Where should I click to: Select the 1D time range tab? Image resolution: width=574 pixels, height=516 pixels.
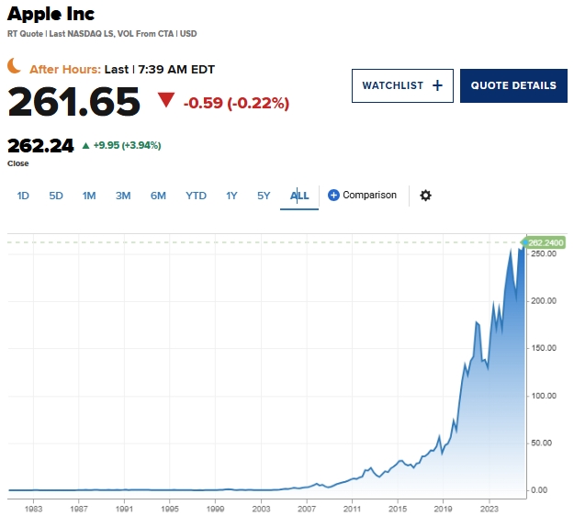coord(24,196)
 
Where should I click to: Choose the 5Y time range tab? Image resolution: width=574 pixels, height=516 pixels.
coord(264,196)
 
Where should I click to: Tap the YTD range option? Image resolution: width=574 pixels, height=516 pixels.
coord(196,196)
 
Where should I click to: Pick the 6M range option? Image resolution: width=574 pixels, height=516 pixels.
coord(158,196)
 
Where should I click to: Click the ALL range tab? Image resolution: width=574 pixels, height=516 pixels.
coord(299,196)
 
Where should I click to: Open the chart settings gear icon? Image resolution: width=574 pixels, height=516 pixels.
coord(425,196)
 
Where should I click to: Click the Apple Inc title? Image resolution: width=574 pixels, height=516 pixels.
coord(51,15)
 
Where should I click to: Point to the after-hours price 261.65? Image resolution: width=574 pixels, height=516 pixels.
coord(73,101)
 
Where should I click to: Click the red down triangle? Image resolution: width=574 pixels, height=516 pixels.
coord(166,100)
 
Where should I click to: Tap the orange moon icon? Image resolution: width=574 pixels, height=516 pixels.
coord(15,65)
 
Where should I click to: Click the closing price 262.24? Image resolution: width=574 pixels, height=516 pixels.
coord(40,145)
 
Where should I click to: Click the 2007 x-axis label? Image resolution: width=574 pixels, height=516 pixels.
coord(306,507)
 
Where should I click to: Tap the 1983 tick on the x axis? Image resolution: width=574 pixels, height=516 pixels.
coord(34,507)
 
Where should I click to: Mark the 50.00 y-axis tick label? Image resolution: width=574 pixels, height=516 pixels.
coord(542,443)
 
